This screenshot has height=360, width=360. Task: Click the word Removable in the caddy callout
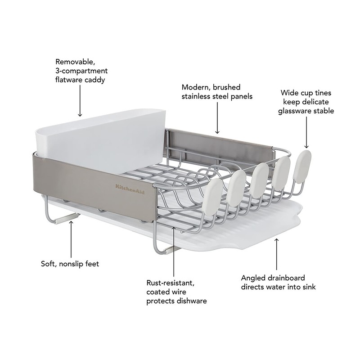coord(72,62)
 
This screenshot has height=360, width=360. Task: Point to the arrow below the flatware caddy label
coord(80,102)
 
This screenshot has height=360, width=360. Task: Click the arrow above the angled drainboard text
coord(277,254)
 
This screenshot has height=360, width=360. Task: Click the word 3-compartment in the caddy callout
coord(81,71)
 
